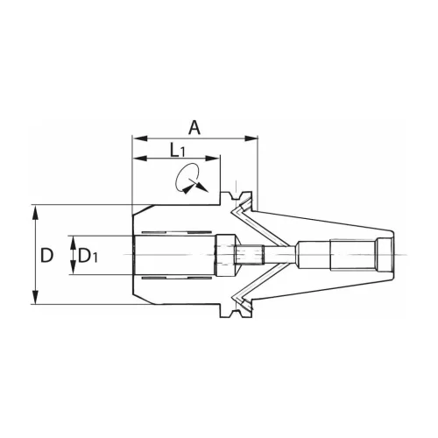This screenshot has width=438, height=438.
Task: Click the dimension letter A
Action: tap(194, 127)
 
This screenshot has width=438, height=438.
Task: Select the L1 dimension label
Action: tap(178, 150)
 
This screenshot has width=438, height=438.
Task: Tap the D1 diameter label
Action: tap(88, 256)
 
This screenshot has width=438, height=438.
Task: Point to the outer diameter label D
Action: tap(47, 255)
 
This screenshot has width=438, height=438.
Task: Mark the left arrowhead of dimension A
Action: tap(137, 138)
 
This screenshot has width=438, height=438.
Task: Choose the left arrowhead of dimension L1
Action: tap(137, 159)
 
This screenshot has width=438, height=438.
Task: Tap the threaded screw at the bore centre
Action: tap(250, 255)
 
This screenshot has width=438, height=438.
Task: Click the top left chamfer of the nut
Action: tap(137, 214)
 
